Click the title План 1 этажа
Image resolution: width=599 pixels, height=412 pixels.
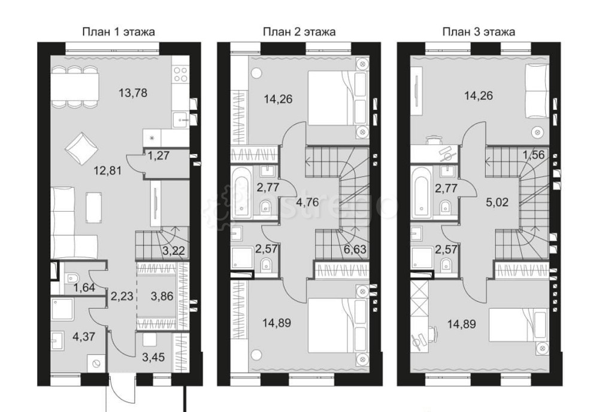click(x=118, y=32)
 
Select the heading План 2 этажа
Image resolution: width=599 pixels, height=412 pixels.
click(x=299, y=32)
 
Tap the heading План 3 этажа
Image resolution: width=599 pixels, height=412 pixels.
click(x=479, y=32)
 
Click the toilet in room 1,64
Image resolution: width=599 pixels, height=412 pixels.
click(x=72, y=278)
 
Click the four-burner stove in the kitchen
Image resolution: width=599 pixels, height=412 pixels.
click(x=181, y=74)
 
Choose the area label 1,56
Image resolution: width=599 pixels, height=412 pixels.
click(x=534, y=155)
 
